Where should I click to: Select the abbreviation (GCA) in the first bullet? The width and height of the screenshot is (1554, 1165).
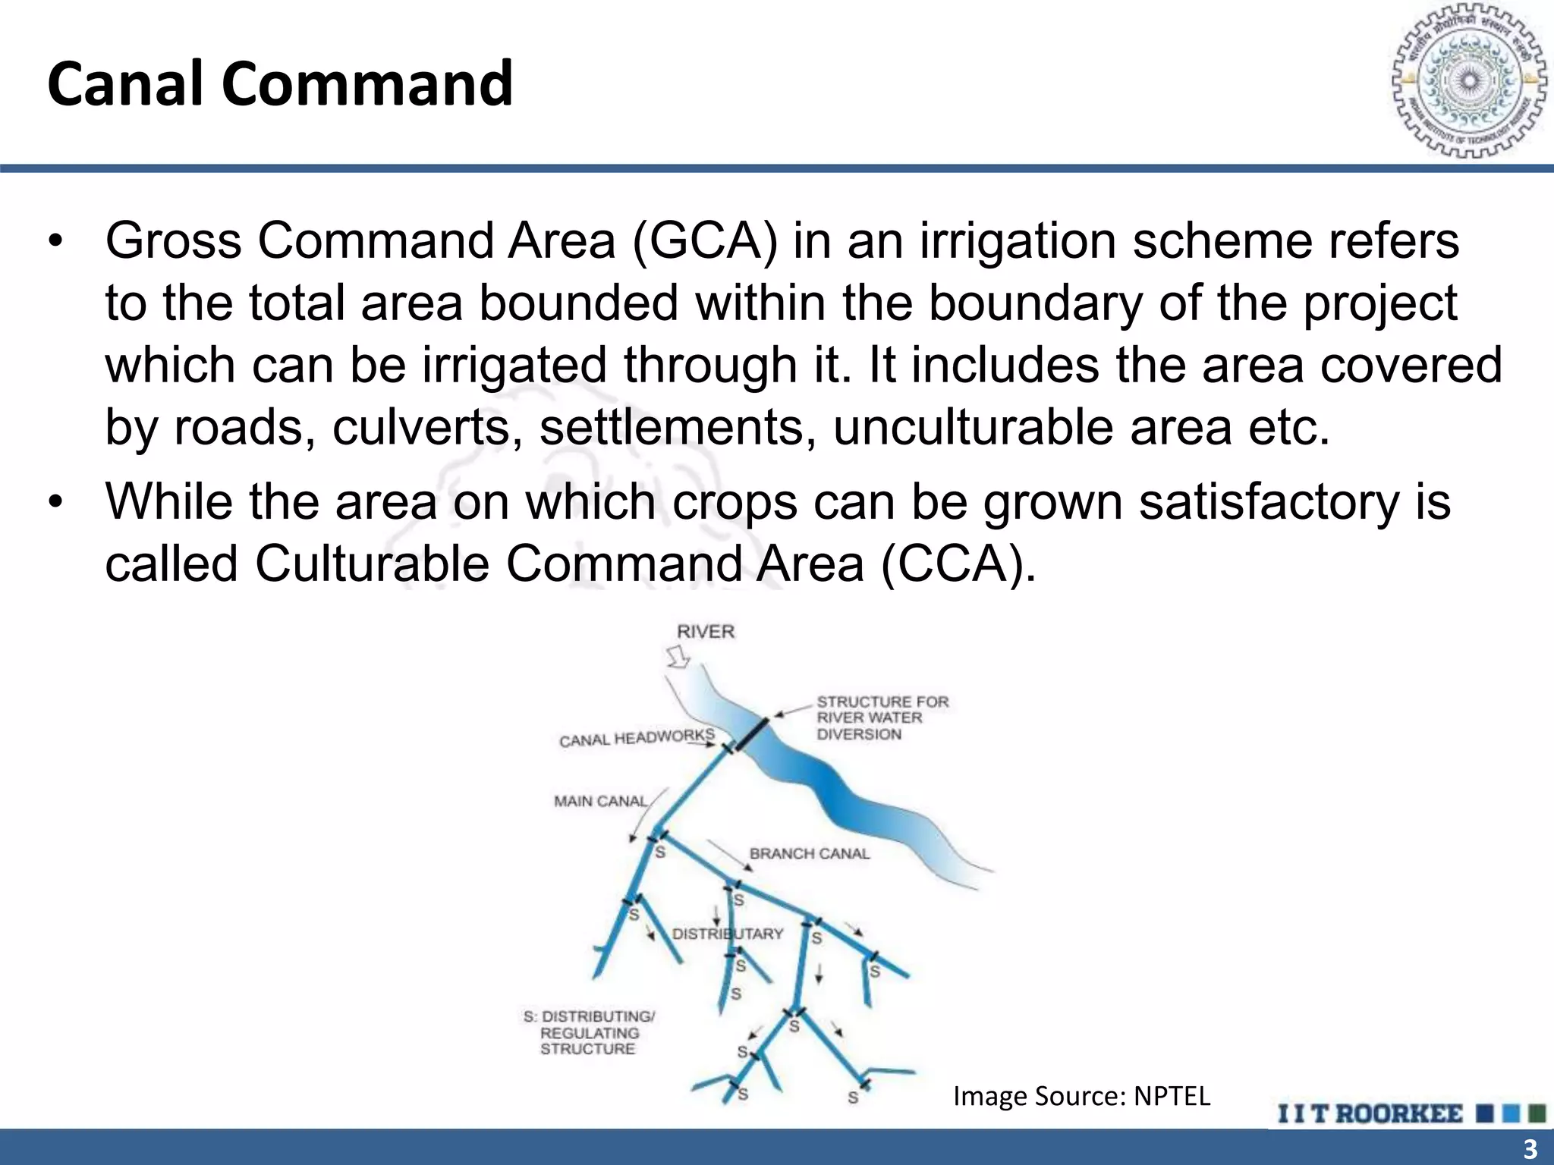tap(705, 241)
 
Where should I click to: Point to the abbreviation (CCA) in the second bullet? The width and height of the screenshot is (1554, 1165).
tap(958, 564)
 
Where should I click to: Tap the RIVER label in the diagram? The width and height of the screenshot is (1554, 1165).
tap(706, 631)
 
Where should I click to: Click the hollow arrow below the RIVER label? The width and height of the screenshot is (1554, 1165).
tap(678, 657)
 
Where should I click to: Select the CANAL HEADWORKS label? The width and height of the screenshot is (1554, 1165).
tap(637, 738)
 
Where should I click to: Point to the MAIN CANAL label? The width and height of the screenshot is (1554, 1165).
tap(600, 801)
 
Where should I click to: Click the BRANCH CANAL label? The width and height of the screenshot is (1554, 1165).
tap(809, 853)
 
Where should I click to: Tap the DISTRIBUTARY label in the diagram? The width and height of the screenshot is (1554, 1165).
tap(727, 934)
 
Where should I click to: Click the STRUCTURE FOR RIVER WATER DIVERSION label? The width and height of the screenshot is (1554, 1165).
tap(882, 718)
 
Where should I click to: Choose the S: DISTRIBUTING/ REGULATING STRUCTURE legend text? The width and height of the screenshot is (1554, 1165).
tap(589, 1032)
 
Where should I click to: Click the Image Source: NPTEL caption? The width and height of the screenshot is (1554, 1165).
tap(1081, 1096)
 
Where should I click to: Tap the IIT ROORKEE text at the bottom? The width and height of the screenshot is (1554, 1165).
tap(1370, 1113)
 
